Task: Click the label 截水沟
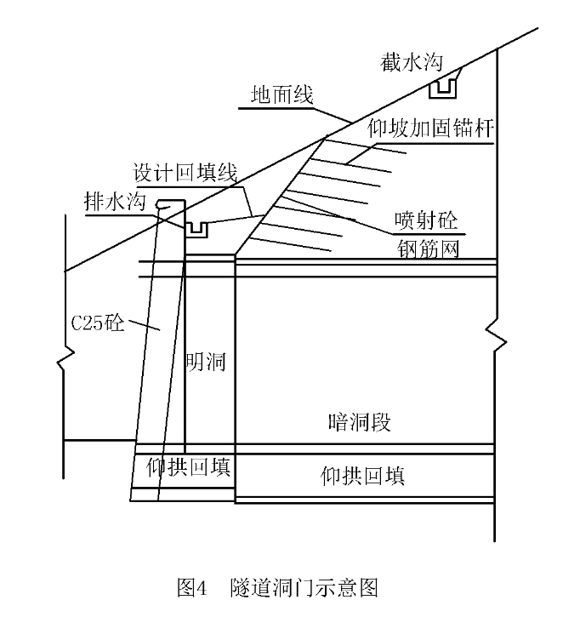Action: (412, 63)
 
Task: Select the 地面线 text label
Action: (282, 94)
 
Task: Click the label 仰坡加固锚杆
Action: (430, 128)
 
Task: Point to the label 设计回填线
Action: (185, 173)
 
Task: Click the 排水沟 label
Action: (115, 202)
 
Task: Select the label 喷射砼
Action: (426, 220)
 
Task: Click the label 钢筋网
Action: (429, 249)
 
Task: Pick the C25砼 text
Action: (98, 323)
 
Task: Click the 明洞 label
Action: (206, 361)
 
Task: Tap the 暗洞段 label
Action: (360, 423)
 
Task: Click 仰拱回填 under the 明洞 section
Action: (188, 467)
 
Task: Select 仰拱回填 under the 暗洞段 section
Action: (362, 476)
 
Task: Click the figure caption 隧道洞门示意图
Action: (304, 587)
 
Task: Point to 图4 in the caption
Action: (192, 587)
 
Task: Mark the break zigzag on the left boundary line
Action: (65, 358)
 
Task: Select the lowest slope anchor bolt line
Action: (290, 244)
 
